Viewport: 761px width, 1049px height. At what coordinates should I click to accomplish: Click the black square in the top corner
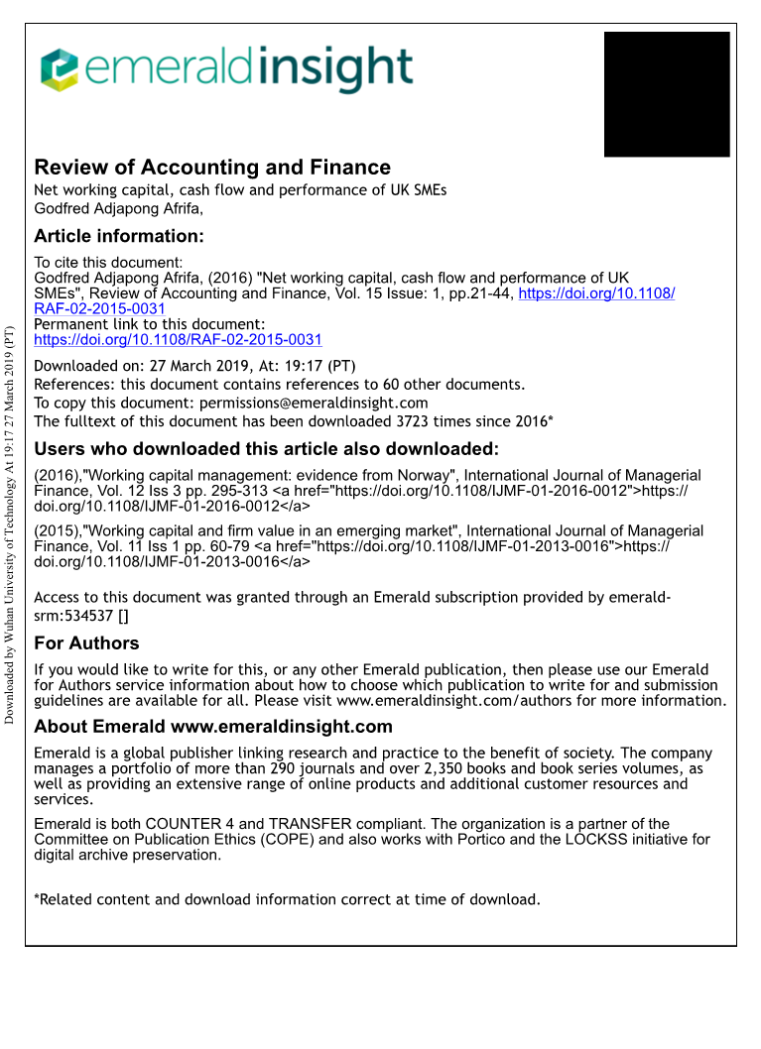coord(667,94)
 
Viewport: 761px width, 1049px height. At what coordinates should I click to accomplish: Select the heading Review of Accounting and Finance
coord(212,168)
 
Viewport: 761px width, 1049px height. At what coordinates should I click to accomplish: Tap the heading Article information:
coord(119,236)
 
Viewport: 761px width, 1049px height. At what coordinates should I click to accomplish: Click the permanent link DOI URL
coord(178,339)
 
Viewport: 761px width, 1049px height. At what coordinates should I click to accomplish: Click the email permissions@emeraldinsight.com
coord(314,403)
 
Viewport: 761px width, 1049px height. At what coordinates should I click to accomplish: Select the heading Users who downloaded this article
coord(266,449)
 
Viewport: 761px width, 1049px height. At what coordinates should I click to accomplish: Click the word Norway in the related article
coord(427,475)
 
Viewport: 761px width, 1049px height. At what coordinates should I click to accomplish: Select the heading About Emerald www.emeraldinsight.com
coord(213,728)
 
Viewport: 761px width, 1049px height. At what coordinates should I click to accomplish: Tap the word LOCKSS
coord(620,839)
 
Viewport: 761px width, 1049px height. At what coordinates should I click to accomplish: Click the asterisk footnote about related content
coord(287,899)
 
